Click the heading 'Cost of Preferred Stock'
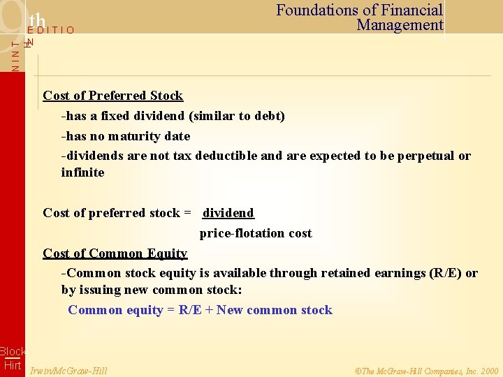112,96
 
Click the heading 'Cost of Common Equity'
115,253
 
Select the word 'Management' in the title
400,25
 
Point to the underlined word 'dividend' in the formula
228,213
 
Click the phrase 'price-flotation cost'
256,233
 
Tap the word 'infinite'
82,172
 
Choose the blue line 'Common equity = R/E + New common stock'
200,310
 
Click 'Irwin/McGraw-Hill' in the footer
69,371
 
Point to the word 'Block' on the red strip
13,352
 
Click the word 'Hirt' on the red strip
13,366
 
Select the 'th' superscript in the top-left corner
37,22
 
